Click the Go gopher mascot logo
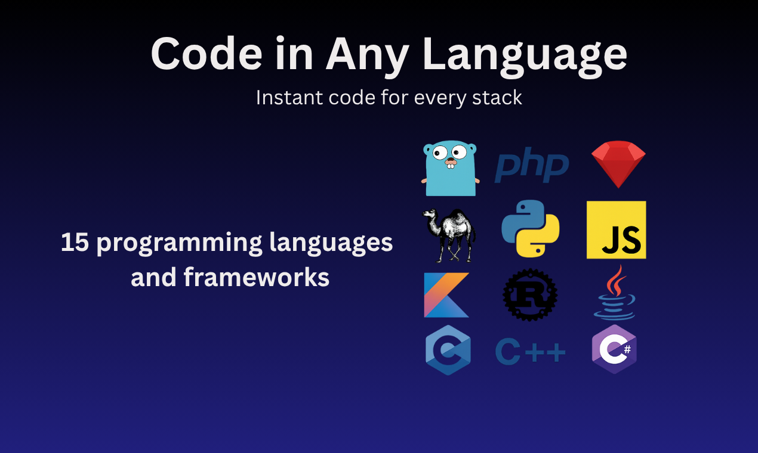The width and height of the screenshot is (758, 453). point(451,169)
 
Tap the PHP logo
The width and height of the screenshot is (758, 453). point(531,167)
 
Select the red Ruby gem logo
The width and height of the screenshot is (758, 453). point(618,164)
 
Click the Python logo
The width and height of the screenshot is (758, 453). point(530,229)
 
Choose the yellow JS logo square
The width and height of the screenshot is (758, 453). point(616,229)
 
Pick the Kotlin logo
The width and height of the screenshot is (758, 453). point(446,295)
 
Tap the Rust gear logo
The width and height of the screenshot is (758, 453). point(530,295)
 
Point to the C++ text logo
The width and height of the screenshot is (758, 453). point(530,353)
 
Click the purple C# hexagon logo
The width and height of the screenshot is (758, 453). point(614,350)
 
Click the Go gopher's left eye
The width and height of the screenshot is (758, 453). point(440,153)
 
